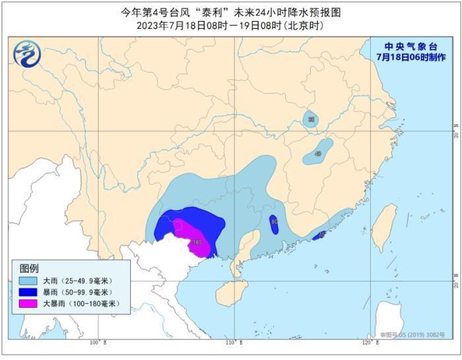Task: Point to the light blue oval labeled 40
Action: pos(318,153)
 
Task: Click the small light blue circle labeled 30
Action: pos(310,119)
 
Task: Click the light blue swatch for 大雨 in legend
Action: pos(27,281)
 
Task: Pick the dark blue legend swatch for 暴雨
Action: pos(27,292)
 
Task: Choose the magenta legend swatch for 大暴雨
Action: pos(27,304)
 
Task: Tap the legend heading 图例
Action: pos(29,268)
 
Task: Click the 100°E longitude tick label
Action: pos(98,343)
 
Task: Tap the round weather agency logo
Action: pos(26,51)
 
